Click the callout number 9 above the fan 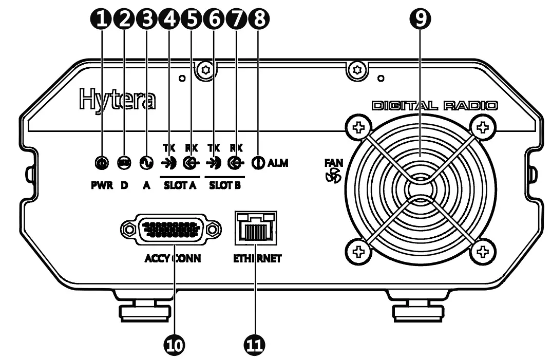coord(420,20)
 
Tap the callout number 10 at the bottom coord(175,345)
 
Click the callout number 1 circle coord(102,20)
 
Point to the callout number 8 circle coord(258,20)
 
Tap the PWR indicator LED coord(102,163)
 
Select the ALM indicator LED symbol coord(258,163)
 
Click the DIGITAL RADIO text coord(433,106)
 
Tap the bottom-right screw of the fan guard coord(482,251)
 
